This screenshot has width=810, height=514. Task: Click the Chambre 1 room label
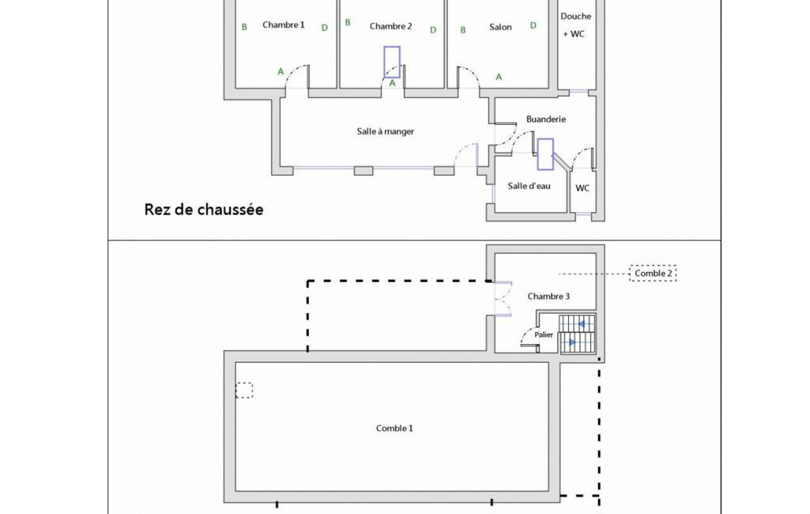pyautogui.click(x=284, y=25)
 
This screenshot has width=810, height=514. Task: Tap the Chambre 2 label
pyautogui.click(x=390, y=26)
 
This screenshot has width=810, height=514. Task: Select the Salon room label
pyautogui.click(x=500, y=27)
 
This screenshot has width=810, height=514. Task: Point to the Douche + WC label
pyautogui.click(x=575, y=25)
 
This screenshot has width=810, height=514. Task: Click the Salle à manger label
pyautogui.click(x=386, y=131)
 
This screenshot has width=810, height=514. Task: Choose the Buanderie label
pyautogui.click(x=546, y=119)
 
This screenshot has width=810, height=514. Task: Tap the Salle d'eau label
pyautogui.click(x=529, y=186)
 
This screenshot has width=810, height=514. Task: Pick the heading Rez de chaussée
pyautogui.click(x=204, y=210)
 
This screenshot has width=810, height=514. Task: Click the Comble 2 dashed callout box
pyautogui.click(x=653, y=273)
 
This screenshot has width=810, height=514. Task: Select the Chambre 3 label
pyautogui.click(x=548, y=297)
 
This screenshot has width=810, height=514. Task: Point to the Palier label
pyautogui.click(x=544, y=334)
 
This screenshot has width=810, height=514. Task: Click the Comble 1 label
pyautogui.click(x=394, y=428)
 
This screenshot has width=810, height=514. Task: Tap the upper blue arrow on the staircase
pyautogui.click(x=582, y=324)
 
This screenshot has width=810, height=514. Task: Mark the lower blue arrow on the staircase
pyautogui.click(x=572, y=342)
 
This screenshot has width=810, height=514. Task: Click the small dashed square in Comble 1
pyautogui.click(x=244, y=390)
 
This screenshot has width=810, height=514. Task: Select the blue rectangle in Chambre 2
pyautogui.click(x=392, y=62)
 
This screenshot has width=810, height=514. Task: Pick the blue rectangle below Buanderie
pyautogui.click(x=545, y=154)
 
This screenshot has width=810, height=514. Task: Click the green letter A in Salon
pyautogui.click(x=499, y=77)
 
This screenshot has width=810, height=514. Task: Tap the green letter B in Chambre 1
pyautogui.click(x=244, y=27)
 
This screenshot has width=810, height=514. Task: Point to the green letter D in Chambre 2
pyautogui.click(x=433, y=30)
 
